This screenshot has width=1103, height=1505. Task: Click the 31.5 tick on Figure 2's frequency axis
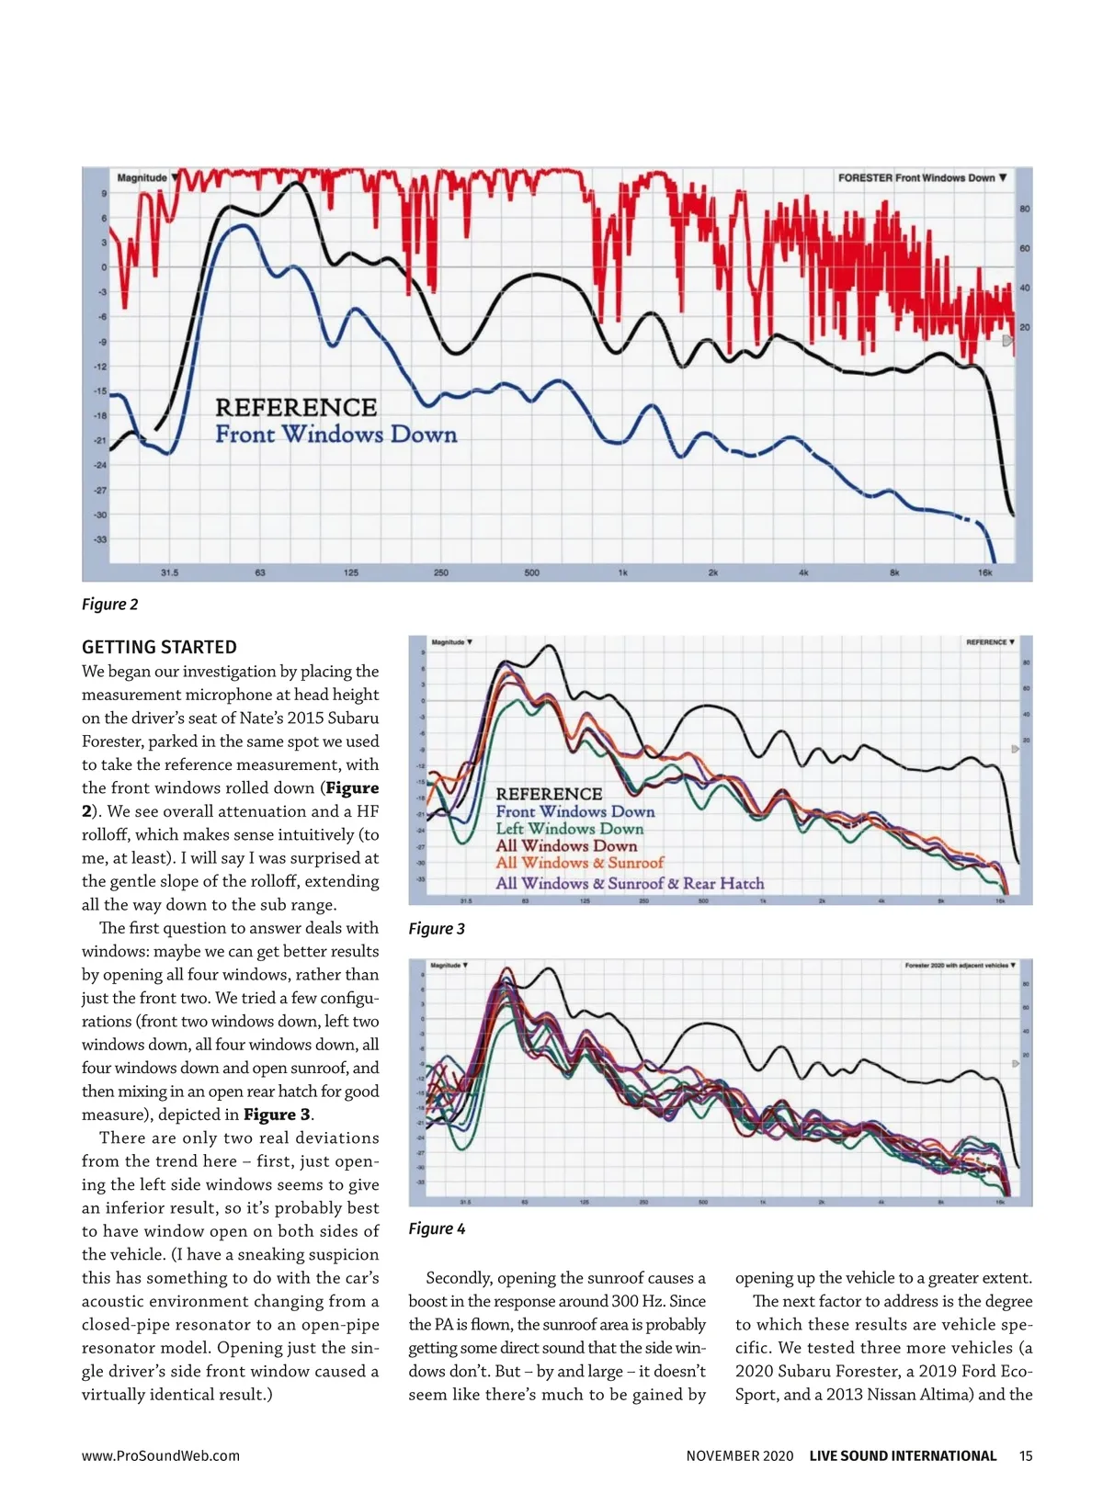(169, 572)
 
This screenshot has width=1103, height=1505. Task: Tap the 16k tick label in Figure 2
(984, 572)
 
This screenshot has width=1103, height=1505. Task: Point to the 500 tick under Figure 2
(531, 572)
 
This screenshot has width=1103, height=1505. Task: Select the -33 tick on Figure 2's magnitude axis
(100, 539)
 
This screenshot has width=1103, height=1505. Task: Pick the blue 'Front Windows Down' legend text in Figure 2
(335, 434)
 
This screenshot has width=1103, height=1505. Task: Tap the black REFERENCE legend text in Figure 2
(296, 407)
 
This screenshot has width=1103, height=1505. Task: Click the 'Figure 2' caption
(109, 604)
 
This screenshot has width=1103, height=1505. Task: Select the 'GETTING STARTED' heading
(159, 647)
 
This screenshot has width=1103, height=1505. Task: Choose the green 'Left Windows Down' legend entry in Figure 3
(569, 829)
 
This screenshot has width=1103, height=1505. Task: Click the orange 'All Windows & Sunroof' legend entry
(579, 863)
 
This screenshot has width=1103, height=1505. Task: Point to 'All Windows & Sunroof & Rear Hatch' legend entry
(630, 883)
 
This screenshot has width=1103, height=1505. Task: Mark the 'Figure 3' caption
(437, 928)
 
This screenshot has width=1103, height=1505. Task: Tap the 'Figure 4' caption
(437, 1228)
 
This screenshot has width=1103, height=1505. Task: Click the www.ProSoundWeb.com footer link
(161, 1455)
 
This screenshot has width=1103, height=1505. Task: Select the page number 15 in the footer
(1026, 1455)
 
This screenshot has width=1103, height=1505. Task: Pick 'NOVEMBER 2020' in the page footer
(739, 1455)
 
